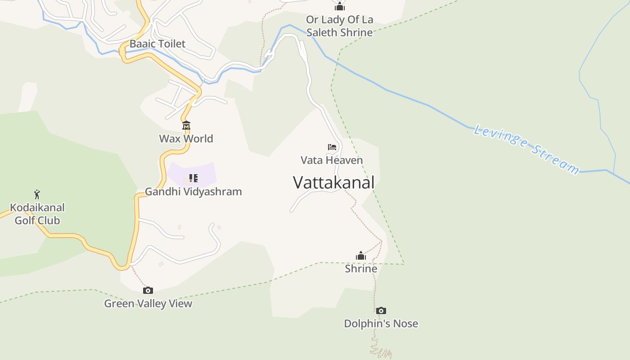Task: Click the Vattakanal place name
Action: coord(333,183)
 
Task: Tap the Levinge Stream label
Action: coord(526,150)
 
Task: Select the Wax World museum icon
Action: coord(186,125)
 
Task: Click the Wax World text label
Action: coord(186,139)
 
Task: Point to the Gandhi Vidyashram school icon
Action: coord(193,178)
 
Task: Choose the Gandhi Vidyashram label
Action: coord(193,192)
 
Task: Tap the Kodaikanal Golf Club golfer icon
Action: coord(37,194)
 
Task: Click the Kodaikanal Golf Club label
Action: coord(37,214)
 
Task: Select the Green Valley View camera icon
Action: coord(148,290)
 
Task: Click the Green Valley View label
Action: coord(148,304)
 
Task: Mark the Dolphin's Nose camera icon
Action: coord(381,310)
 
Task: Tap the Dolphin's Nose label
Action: coord(381,324)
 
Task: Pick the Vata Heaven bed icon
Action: coord(332,147)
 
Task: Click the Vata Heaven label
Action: coord(332,160)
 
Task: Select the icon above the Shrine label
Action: coord(361,256)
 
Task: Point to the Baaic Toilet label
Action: coord(157,44)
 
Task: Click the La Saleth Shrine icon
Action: coord(339,6)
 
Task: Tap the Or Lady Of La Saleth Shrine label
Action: coord(339,26)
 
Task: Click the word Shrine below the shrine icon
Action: coord(361,269)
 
